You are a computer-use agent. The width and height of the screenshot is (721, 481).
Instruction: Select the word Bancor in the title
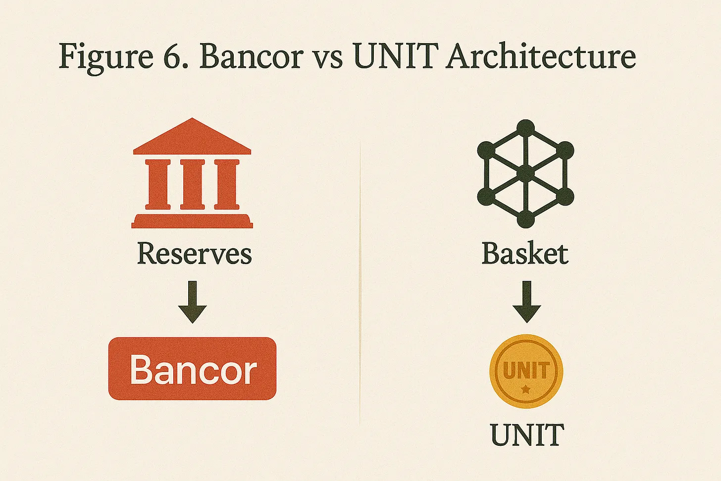click(251, 56)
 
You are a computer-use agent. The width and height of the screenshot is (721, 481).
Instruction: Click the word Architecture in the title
click(541, 56)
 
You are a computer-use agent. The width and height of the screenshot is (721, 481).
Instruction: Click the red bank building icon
click(192, 173)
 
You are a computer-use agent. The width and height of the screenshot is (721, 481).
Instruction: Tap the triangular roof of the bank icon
click(192, 137)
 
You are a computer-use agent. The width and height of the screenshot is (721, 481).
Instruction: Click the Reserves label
click(194, 254)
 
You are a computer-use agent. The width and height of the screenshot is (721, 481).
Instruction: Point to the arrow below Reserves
click(192, 301)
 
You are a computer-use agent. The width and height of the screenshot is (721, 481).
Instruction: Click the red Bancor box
click(192, 369)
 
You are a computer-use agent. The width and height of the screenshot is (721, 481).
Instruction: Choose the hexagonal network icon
click(525, 173)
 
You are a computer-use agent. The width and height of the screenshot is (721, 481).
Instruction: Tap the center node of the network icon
click(525, 173)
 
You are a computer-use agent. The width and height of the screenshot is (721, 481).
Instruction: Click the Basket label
click(525, 254)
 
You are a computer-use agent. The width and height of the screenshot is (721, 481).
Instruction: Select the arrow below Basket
click(526, 301)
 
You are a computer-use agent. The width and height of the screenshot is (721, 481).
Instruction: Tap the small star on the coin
click(526, 390)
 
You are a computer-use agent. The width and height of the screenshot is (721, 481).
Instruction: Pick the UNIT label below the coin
click(527, 435)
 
